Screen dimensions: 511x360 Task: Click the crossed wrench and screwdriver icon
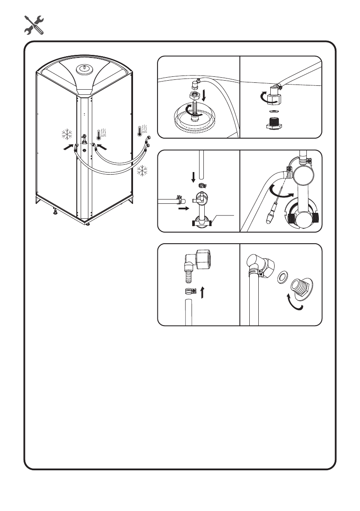point(33,24)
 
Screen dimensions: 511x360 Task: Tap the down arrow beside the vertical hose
point(193,176)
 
